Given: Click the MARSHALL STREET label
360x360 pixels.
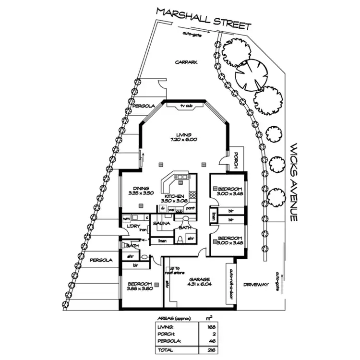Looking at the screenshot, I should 204,19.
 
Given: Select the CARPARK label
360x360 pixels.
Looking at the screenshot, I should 186,62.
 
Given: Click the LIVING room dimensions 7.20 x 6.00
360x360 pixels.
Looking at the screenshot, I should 184,140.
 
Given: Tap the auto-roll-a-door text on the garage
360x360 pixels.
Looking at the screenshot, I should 231,284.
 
